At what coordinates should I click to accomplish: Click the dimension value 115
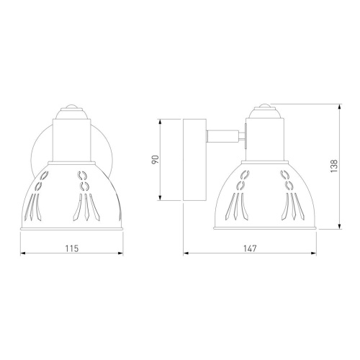click(x=72, y=248)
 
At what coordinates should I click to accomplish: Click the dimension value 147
click(x=250, y=248)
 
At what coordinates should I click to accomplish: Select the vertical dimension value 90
click(x=156, y=160)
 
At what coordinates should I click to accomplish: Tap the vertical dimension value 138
click(x=334, y=166)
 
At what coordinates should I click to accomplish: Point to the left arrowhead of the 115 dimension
click(x=23, y=253)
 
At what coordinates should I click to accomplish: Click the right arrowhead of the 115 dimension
click(x=121, y=253)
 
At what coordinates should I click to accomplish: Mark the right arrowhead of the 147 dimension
click(x=314, y=253)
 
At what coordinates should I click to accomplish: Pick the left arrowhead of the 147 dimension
click(x=186, y=253)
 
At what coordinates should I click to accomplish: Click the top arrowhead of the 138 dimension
click(x=339, y=107)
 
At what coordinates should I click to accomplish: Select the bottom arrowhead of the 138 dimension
click(x=339, y=227)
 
